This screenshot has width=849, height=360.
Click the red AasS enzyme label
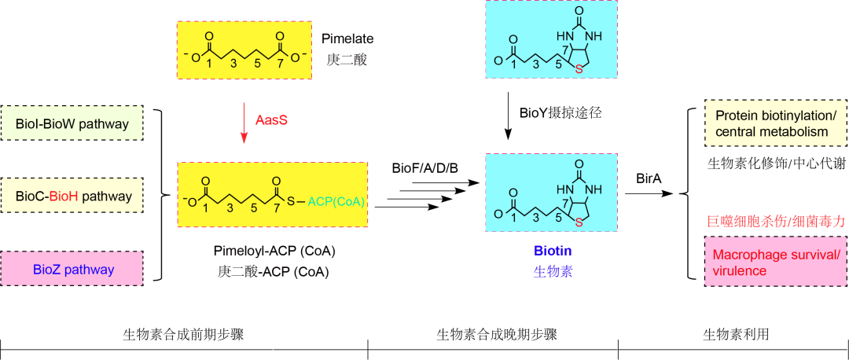click(271, 120)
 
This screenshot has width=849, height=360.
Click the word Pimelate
click(347, 38)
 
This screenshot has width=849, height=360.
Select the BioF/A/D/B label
click(424, 168)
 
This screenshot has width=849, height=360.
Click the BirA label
click(649, 178)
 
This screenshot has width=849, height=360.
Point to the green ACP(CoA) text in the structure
click(336, 202)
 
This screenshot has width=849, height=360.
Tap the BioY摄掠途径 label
click(560, 112)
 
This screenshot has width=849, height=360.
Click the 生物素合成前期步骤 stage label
click(183, 335)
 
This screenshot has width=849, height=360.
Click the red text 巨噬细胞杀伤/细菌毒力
click(776, 222)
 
